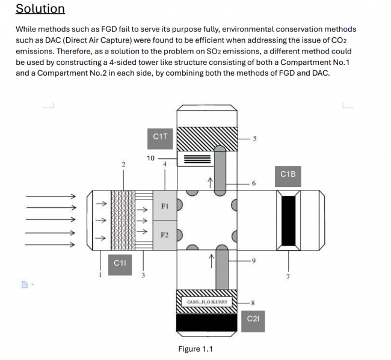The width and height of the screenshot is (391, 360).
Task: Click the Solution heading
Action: (x=40, y=9)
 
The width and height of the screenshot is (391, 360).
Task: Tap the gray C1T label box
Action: (x=161, y=136)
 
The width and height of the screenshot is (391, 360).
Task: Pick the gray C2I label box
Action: (x=253, y=318)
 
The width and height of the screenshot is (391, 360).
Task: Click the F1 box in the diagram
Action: (x=164, y=206)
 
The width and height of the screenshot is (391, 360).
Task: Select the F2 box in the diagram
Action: (x=164, y=234)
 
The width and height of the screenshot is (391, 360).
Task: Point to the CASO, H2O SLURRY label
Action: (x=207, y=302)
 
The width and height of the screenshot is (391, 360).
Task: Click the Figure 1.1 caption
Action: (x=195, y=349)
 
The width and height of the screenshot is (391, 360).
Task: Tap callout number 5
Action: (x=255, y=139)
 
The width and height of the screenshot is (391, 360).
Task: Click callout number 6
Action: (x=253, y=183)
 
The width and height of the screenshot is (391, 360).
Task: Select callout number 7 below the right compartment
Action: (x=288, y=276)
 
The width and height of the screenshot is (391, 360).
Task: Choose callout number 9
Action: (x=253, y=260)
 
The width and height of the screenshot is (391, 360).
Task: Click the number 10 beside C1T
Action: (x=151, y=158)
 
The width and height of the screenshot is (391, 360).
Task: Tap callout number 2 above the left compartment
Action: (x=123, y=163)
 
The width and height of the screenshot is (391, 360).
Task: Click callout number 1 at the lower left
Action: (x=100, y=275)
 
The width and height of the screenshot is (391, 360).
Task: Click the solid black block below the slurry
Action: (x=207, y=323)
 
